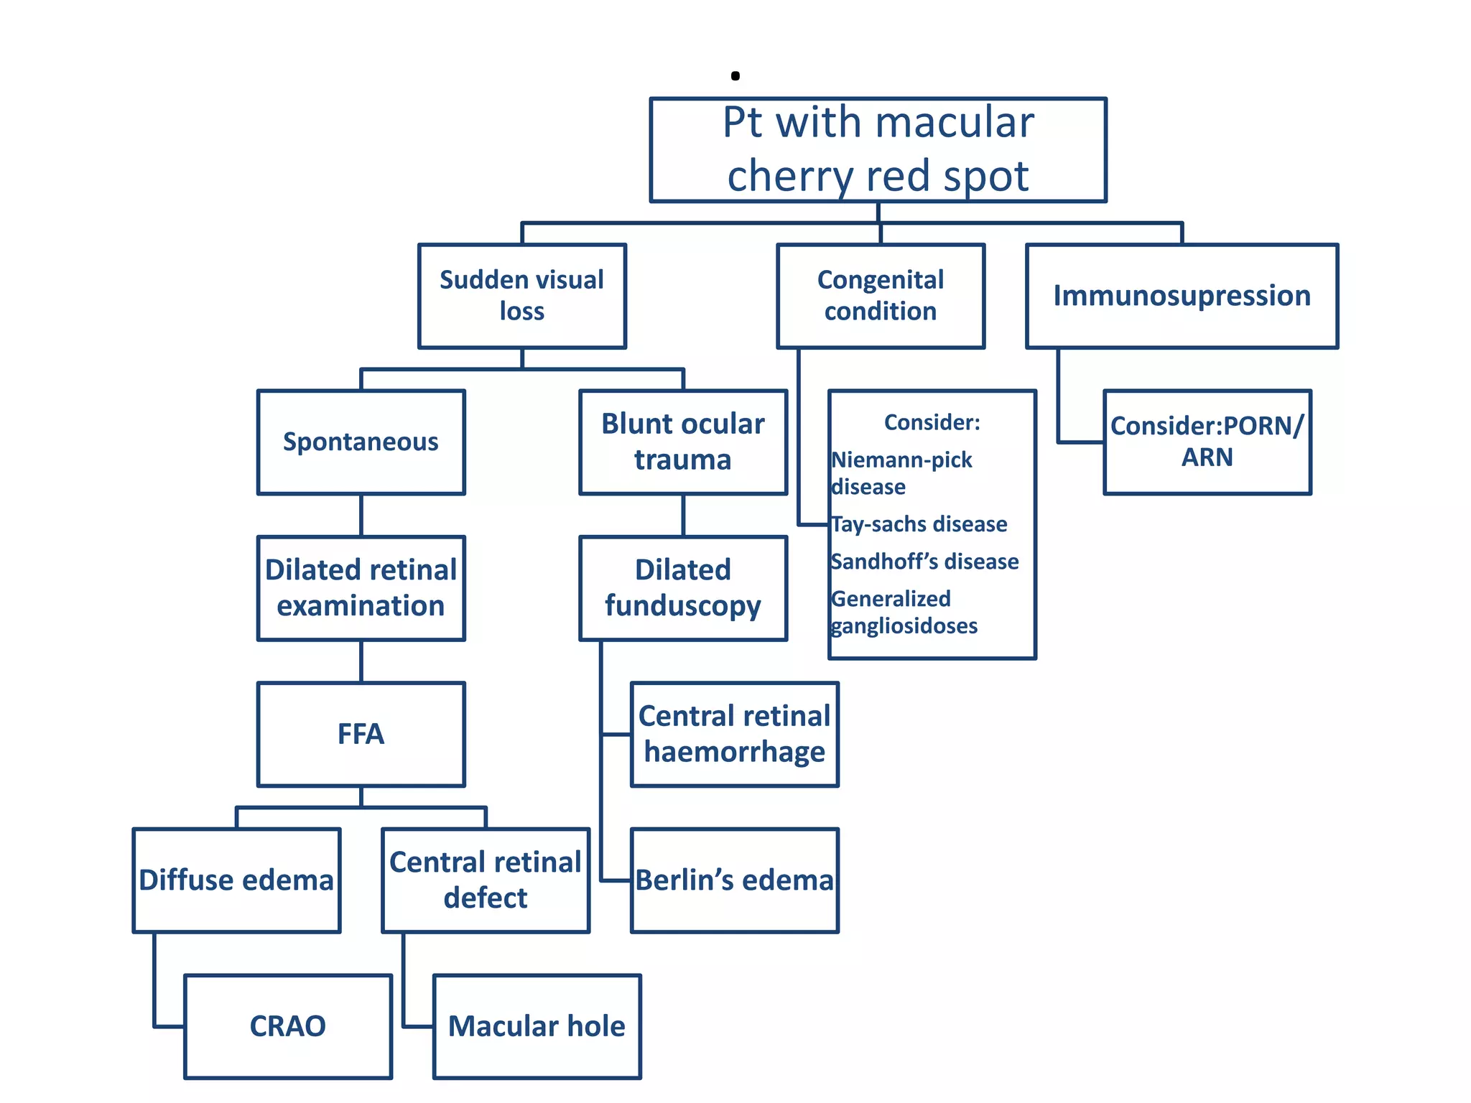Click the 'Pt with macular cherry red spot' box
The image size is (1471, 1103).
coord(878,150)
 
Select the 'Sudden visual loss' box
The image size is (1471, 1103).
coord(522,296)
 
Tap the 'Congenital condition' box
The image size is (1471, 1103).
coord(881,296)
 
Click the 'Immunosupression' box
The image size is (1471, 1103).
coord(1182,296)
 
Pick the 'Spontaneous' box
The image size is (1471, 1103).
coord(361,442)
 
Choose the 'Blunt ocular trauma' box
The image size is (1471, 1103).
coord(683,442)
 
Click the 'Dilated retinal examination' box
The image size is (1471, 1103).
coord(361,588)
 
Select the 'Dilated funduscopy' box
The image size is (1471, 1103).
coord(683,588)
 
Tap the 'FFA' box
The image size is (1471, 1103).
coord(361,734)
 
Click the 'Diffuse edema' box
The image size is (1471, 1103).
coord(236,880)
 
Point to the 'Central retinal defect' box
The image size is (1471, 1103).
coord(486,880)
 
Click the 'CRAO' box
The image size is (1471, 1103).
coord(288,1026)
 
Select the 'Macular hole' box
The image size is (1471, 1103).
coord(537,1026)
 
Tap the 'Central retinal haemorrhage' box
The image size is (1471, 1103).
coord(735,734)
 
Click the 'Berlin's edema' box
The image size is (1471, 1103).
coord(735,880)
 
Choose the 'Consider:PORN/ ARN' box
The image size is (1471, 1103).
coord(1207,442)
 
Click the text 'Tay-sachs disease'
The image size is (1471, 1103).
coord(919,524)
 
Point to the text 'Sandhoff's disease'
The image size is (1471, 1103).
coord(925,562)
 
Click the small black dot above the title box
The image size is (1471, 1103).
coord(735,75)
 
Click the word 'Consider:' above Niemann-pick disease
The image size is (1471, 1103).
coord(932,422)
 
